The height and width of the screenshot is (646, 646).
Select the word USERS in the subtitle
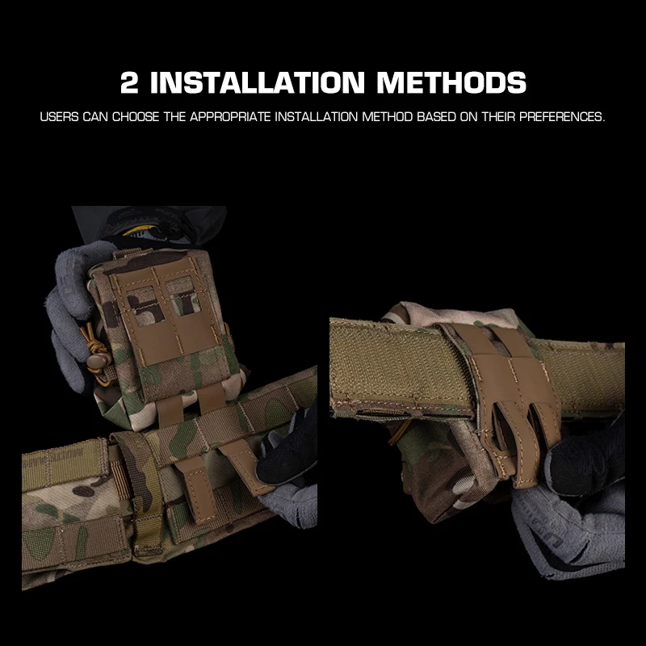[x=59, y=117]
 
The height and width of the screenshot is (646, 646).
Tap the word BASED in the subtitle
[x=434, y=117]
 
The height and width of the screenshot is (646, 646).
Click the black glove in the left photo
[x=287, y=452]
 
